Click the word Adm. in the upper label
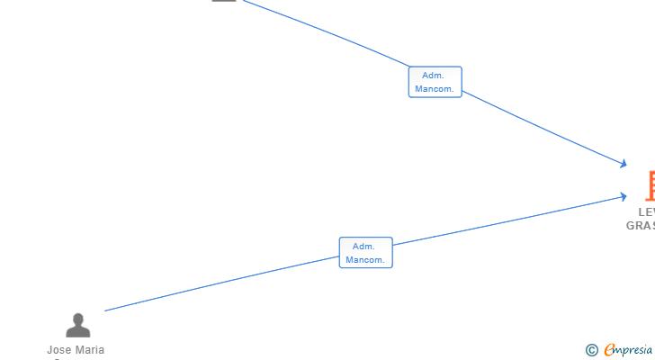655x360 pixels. (x=434, y=76)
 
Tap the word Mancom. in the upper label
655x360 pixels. (x=435, y=89)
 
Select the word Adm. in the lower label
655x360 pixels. (x=364, y=247)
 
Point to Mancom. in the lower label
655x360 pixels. (x=365, y=260)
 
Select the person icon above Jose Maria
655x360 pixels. (x=78, y=325)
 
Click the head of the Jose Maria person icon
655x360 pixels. (x=78, y=319)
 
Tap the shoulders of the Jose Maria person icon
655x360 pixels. (x=78, y=331)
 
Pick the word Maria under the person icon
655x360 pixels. (x=91, y=350)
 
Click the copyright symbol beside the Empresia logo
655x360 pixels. (x=591, y=350)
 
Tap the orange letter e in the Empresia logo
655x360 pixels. (x=609, y=350)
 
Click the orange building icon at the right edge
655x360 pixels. (x=651, y=185)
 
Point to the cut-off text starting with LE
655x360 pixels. (x=646, y=212)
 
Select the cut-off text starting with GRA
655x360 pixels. (x=641, y=226)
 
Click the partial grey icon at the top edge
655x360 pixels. (x=224, y=1)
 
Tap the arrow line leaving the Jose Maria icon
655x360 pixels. (x=225, y=282)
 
